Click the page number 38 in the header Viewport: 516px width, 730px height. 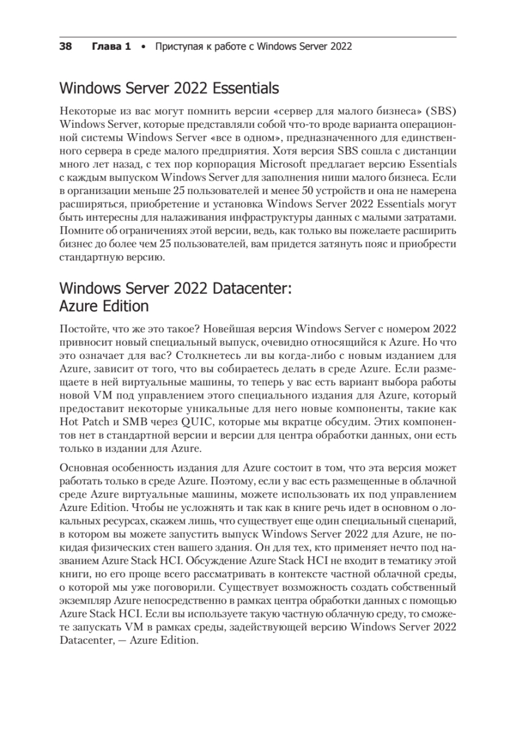point(66,46)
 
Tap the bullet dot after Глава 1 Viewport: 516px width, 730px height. point(143,46)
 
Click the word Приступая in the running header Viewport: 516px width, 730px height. point(179,46)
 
